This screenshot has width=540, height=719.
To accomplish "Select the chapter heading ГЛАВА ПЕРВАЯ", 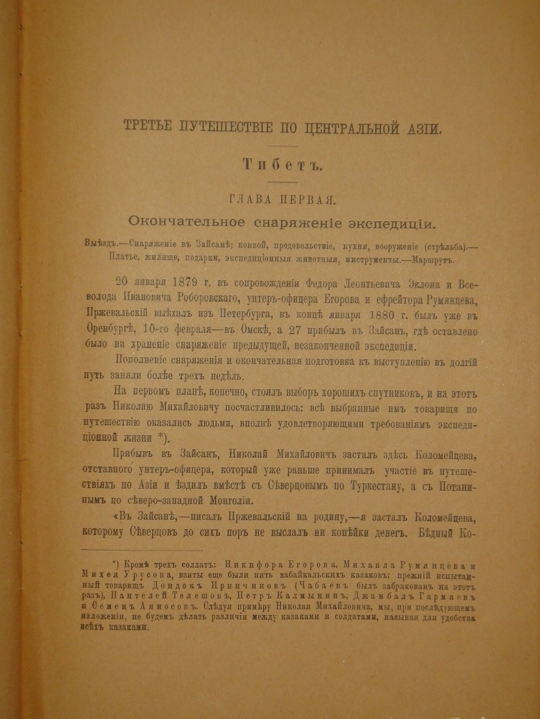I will [x=282, y=200].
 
